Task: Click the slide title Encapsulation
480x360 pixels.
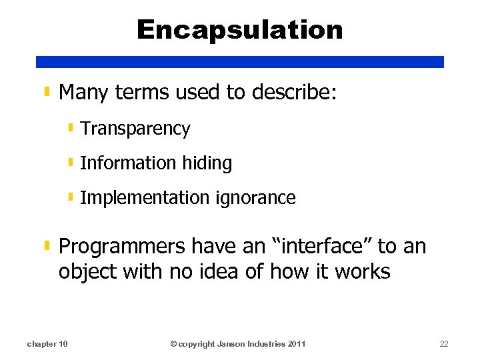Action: coord(240,30)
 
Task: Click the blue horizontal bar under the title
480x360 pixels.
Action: coord(240,61)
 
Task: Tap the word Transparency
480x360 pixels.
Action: coord(135,129)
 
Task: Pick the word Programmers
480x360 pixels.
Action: coord(123,246)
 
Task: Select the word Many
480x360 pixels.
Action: coord(84,93)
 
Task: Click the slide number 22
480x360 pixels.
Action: coord(444,344)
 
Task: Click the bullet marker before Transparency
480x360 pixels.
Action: coord(71,127)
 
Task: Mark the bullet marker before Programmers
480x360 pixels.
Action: coord(47,245)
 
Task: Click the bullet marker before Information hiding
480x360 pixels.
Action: coord(71,162)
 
